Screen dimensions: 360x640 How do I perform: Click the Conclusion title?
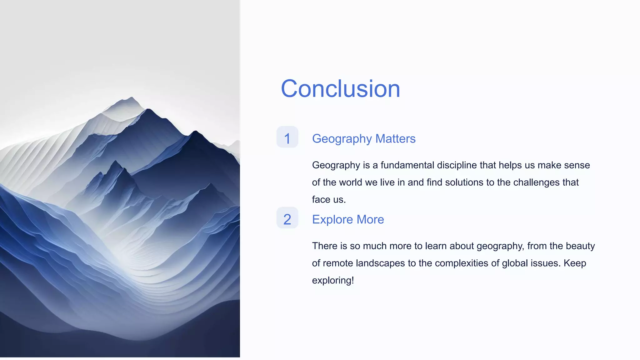click(340, 89)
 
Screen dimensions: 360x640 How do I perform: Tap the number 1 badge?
click(287, 137)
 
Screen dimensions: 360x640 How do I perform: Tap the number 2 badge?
click(287, 218)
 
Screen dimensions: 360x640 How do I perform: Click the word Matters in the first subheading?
click(395, 139)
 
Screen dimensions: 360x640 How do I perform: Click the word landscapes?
click(380, 263)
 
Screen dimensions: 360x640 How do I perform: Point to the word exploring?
click(333, 280)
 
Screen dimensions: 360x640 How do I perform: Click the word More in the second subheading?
click(370, 220)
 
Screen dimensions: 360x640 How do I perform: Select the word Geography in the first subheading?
click(342, 139)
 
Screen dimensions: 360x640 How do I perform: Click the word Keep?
click(575, 263)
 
